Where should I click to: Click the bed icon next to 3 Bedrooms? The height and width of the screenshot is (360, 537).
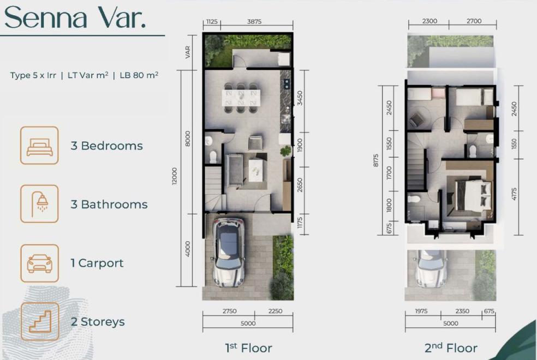(39, 146)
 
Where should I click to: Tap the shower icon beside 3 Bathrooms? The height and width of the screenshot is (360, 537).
(39, 204)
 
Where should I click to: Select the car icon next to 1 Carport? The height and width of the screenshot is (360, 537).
(39, 263)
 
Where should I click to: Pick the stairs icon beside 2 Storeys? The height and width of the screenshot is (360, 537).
(39, 322)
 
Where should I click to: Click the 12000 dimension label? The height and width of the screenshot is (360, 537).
(175, 176)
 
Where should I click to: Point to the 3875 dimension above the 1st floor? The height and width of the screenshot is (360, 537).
(254, 22)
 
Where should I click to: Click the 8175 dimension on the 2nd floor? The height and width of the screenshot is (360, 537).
(375, 160)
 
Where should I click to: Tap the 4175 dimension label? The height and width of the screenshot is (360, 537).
(514, 194)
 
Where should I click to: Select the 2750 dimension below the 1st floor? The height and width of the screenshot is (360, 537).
(229, 311)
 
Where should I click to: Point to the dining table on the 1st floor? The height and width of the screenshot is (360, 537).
(241, 98)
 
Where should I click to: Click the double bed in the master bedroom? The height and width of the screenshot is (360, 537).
(473, 196)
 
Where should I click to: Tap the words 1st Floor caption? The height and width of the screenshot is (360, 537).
(249, 347)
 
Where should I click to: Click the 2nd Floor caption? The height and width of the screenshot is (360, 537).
(451, 347)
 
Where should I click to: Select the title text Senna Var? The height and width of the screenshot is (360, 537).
(75, 17)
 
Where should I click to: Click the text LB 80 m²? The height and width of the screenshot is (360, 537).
(139, 75)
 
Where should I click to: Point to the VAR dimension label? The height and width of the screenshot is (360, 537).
(188, 52)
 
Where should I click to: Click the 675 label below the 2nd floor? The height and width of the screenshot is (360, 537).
(489, 311)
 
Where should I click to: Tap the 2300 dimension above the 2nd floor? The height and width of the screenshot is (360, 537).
(429, 21)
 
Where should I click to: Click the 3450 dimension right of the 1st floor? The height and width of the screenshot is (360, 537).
(300, 98)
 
